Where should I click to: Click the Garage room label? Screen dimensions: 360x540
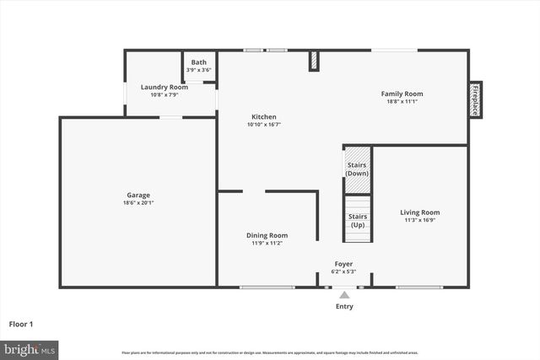(138, 196)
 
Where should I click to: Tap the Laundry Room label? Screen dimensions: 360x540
(164, 87)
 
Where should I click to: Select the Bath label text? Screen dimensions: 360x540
(198, 62)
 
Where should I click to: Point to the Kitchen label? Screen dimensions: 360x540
(263, 117)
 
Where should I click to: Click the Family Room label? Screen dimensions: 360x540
(402, 94)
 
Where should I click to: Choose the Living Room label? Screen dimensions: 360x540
(419, 212)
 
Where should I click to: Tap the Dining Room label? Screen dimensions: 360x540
(267, 235)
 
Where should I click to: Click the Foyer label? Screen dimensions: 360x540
(343, 264)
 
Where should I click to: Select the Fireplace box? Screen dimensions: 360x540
(475, 99)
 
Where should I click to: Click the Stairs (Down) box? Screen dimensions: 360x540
(357, 169)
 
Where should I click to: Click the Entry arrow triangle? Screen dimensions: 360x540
(344, 295)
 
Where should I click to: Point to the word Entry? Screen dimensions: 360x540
(344, 307)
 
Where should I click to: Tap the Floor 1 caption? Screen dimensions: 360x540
(21, 323)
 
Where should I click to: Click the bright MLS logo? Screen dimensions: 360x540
(30, 348)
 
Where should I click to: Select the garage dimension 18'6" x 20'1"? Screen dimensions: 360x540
(138, 203)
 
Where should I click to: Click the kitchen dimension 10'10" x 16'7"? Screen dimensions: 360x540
(263, 125)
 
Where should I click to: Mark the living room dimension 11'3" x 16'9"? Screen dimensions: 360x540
(419, 220)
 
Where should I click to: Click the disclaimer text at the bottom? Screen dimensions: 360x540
(269, 352)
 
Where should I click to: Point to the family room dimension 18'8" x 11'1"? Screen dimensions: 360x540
(402, 101)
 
